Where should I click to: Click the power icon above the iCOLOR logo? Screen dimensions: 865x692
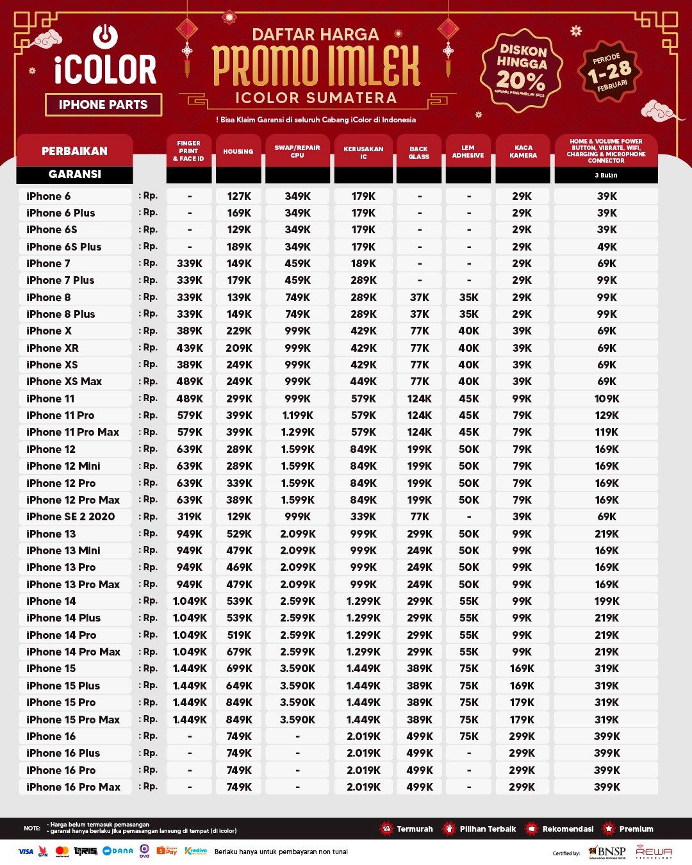tap(105, 36)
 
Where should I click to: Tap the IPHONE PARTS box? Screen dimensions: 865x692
tap(103, 104)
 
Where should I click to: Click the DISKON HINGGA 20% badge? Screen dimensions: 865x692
tap(522, 70)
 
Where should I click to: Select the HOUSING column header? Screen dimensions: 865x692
tap(238, 152)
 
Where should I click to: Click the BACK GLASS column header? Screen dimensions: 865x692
tap(419, 152)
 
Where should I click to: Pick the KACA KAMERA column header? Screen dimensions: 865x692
tap(523, 152)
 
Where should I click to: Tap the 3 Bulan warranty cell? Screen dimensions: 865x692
tap(606, 175)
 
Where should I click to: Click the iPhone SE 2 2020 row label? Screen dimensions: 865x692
tap(70, 516)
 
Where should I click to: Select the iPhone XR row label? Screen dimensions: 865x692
tap(53, 348)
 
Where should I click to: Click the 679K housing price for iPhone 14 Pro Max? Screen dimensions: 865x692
tap(239, 652)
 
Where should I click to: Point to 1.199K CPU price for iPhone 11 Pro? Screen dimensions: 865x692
tap(298, 415)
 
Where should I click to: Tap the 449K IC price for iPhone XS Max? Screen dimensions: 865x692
tap(363, 381)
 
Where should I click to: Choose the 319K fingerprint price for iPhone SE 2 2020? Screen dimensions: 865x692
tap(190, 516)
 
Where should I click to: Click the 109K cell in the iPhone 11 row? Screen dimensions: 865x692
tap(607, 399)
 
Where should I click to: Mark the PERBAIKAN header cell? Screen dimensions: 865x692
tap(74, 151)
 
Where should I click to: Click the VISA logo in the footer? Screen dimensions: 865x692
tap(26, 852)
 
